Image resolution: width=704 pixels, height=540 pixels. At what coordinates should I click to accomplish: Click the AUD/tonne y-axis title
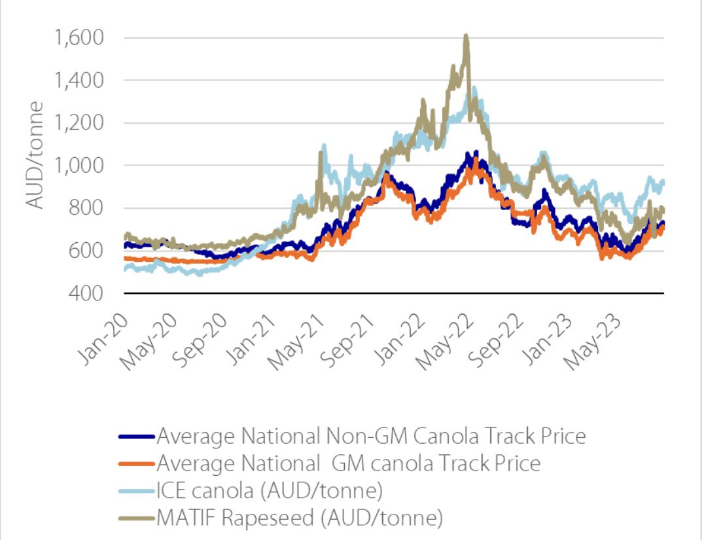(37, 154)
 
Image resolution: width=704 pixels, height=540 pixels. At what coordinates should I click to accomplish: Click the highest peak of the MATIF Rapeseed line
(465, 37)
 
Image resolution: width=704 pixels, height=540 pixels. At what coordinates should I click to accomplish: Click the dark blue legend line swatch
(136, 436)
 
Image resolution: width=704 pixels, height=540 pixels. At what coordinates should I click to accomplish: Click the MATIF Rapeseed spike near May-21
(320, 153)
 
